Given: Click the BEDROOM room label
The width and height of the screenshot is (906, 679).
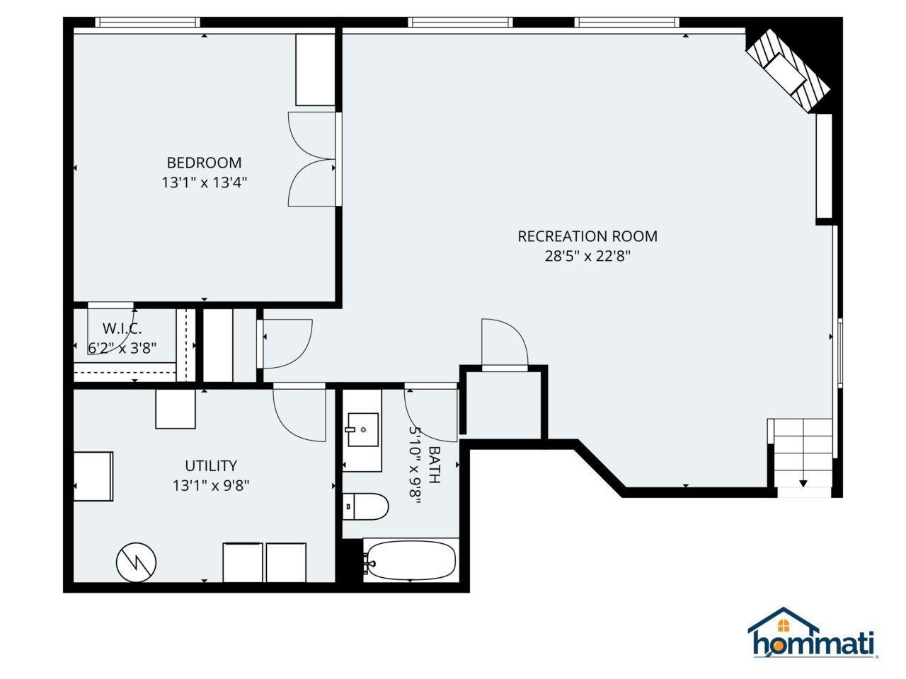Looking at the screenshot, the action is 204,163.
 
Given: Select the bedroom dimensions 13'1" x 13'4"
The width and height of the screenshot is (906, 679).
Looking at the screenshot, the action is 204,182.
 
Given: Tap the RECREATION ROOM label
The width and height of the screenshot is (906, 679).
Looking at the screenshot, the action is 587,236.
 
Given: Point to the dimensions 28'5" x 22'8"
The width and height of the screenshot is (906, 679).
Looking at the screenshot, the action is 587,256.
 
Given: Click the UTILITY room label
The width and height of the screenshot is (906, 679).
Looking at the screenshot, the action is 211,466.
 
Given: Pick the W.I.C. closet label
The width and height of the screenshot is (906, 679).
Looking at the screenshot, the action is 122,329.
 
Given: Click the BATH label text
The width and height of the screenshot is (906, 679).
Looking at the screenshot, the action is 435,465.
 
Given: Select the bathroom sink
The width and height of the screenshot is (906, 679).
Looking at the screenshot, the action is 363,429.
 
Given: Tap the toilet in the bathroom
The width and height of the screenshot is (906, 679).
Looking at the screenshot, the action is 365,506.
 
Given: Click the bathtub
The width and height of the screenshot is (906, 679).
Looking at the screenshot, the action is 411,560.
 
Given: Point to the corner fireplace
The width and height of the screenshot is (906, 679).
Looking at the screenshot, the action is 788,70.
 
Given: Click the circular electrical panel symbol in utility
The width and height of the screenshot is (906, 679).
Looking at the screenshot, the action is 136,562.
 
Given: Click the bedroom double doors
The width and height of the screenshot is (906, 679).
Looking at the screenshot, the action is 312,159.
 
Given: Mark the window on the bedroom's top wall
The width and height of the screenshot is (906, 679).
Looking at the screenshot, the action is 147,22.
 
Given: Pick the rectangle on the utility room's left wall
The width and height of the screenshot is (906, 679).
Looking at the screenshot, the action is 93,477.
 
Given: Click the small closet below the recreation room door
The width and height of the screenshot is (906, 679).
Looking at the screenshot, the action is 503,405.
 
